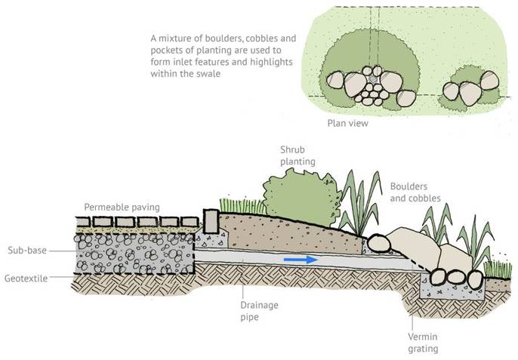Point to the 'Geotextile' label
25,278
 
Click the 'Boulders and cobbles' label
415,192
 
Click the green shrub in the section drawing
296,195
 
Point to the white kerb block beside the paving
211,220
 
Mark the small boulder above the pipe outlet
378,243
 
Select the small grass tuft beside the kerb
235,205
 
